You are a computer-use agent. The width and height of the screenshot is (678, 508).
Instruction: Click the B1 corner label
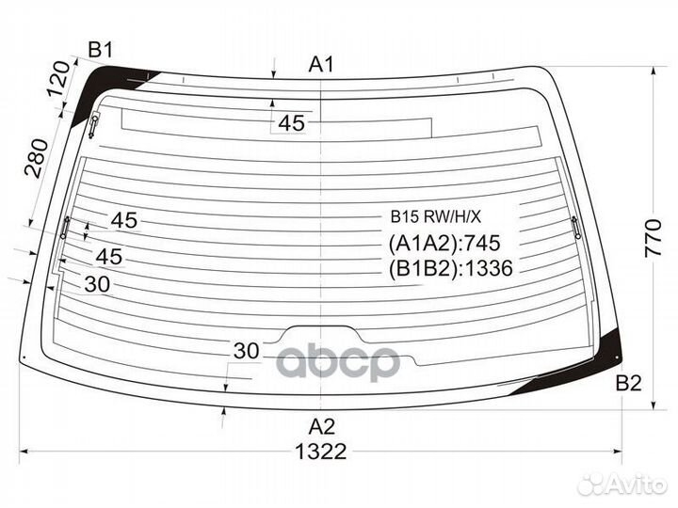coord(101,50)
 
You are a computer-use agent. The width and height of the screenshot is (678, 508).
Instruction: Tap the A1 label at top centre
coord(321,65)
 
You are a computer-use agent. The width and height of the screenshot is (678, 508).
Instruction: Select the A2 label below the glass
coord(322,427)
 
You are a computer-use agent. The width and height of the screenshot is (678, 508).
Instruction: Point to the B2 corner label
coord(629,383)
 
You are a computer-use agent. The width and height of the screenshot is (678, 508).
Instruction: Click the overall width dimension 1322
coord(321,452)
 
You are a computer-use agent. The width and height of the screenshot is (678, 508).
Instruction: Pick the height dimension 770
coord(653,238)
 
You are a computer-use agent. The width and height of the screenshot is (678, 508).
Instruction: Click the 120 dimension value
coord(58,79)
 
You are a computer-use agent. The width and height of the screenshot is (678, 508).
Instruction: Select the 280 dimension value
coord(37,158)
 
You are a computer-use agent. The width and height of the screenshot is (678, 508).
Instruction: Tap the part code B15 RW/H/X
coord(435,216)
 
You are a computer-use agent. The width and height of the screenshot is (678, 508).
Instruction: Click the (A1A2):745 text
coord(444,243)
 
